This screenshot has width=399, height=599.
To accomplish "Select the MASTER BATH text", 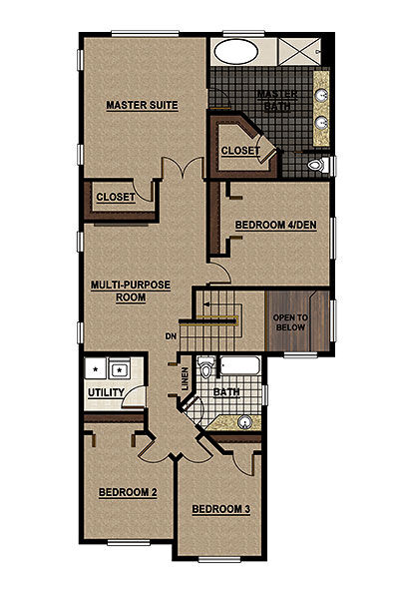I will click(272, 101).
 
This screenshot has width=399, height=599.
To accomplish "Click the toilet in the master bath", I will click(316, 165).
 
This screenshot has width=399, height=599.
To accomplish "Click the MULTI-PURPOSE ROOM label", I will click(130, 291).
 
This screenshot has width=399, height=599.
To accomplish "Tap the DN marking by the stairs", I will click(172, 337).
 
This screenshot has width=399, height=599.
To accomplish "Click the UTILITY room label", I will click(106, 392).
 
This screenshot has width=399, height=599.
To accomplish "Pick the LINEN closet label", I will click(186, 378).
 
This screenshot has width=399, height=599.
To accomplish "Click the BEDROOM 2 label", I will click(127, 492).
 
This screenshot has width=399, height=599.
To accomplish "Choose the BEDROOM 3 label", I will click(219, 510).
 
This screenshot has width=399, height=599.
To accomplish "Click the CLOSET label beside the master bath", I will click(240, 152).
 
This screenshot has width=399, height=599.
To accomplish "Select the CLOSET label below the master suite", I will click(116, 198).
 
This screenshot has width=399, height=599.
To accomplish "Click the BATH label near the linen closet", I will click(226, 393).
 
